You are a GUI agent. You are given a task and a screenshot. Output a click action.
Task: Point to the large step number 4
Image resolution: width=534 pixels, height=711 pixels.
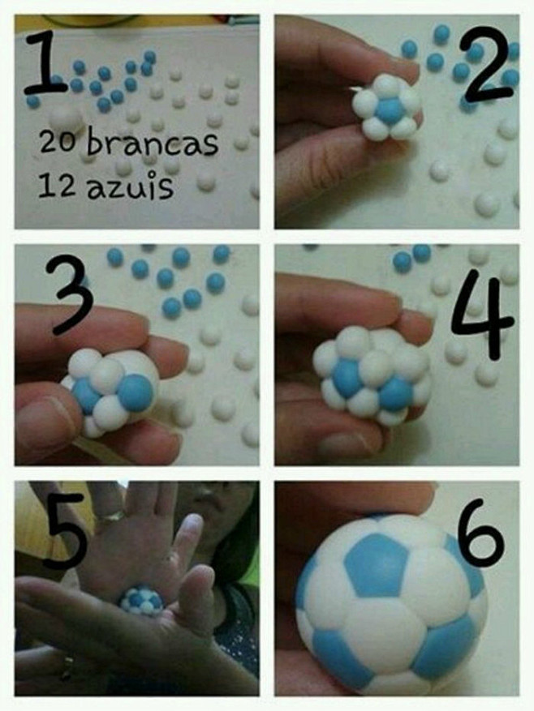tap(482, 314)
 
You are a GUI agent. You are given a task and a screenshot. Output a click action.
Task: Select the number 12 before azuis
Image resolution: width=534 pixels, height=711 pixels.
tap(57, 186)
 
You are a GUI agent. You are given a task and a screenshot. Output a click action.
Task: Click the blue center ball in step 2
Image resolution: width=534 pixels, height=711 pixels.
tap(390, 110)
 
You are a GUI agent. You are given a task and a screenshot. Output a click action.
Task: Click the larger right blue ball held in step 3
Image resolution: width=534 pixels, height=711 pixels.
tap(136, 392)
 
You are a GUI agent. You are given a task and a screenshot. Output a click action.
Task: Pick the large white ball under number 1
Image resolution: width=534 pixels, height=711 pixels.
tap(67, 119)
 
